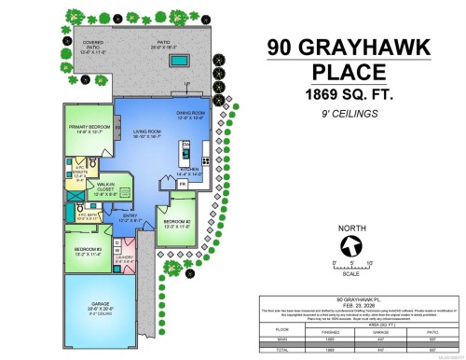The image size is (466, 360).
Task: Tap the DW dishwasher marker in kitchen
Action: coord(185,145)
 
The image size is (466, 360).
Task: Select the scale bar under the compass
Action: coord(351,268)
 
